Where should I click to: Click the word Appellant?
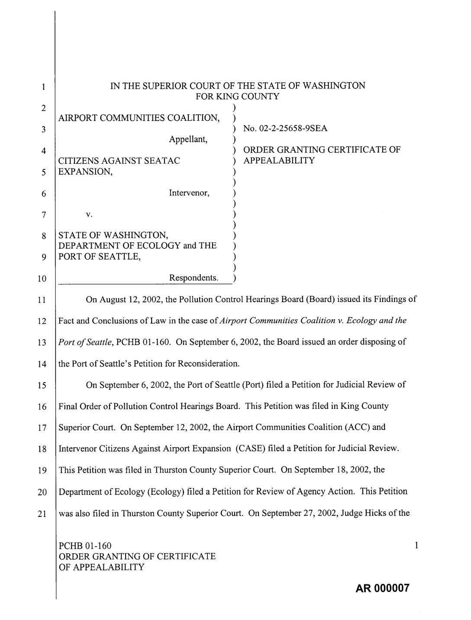click(188, 140)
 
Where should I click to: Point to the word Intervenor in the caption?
click(189, 193)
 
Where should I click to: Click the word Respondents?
click(194, 278)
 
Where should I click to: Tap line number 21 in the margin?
click(42, 514)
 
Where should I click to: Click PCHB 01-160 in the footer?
click(85, 546)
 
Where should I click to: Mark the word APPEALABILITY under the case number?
click(279, 161)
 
